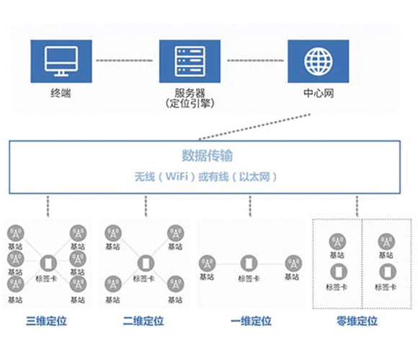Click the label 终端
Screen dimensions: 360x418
(61, 94)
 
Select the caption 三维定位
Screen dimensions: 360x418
(45, 321)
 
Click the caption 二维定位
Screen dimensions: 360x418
(143, 321)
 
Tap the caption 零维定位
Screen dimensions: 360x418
(357, 321)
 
